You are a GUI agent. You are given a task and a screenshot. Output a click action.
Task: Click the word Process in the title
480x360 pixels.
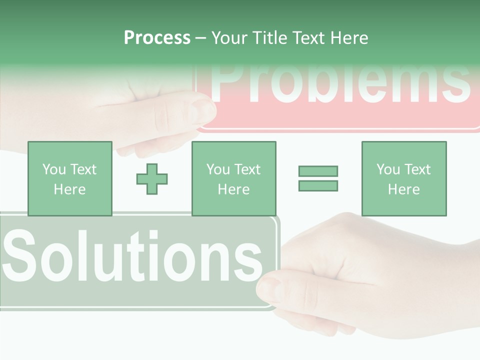(x=157, y=38)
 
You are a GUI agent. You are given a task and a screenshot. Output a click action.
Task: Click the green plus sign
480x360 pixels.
(x=152, y=178)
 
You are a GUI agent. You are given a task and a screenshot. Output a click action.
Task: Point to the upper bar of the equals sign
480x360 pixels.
(x=318, y=171)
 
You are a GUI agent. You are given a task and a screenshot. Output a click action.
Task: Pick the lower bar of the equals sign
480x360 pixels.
(x=318, y=185)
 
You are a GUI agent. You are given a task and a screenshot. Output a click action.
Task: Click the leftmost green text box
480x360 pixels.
(x=69, y=178)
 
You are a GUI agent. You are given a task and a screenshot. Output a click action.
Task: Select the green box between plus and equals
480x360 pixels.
(x=233, y=178)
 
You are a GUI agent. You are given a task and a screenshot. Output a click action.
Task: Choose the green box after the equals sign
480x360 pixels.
(x=403, y=178)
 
